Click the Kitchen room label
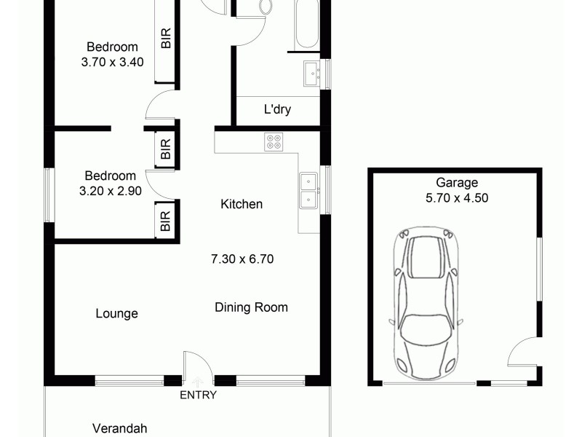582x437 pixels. (242, 204)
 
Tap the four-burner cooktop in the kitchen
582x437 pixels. (274, 141)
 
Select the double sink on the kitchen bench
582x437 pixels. (308, 189)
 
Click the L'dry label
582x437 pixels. (277, 110)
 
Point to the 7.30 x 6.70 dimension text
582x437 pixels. (242, 259)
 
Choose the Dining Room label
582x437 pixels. (251, 307)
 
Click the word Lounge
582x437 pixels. (116, 314)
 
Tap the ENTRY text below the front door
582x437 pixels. (199, 395)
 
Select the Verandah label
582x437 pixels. (119, 428)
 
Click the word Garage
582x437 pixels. (457, 183)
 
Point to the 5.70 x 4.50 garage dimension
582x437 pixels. (457, 197)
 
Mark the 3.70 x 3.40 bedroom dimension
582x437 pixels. (112, 62)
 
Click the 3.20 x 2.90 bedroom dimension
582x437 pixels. (110, 190)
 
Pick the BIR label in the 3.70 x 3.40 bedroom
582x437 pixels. (166, 38)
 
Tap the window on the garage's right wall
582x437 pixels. (539, 269)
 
